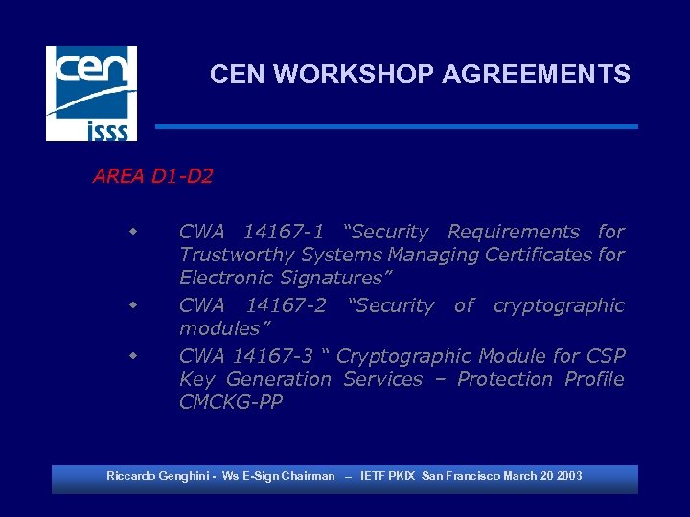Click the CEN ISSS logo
pos(91,93)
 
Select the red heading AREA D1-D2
pos(152,176)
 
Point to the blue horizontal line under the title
pos(396,126)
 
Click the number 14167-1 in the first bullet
pos(283,232)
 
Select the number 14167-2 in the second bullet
pos(286,306)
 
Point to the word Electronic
pos(226,279)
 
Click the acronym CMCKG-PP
pos(231,403)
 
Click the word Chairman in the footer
pos(309,476)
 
